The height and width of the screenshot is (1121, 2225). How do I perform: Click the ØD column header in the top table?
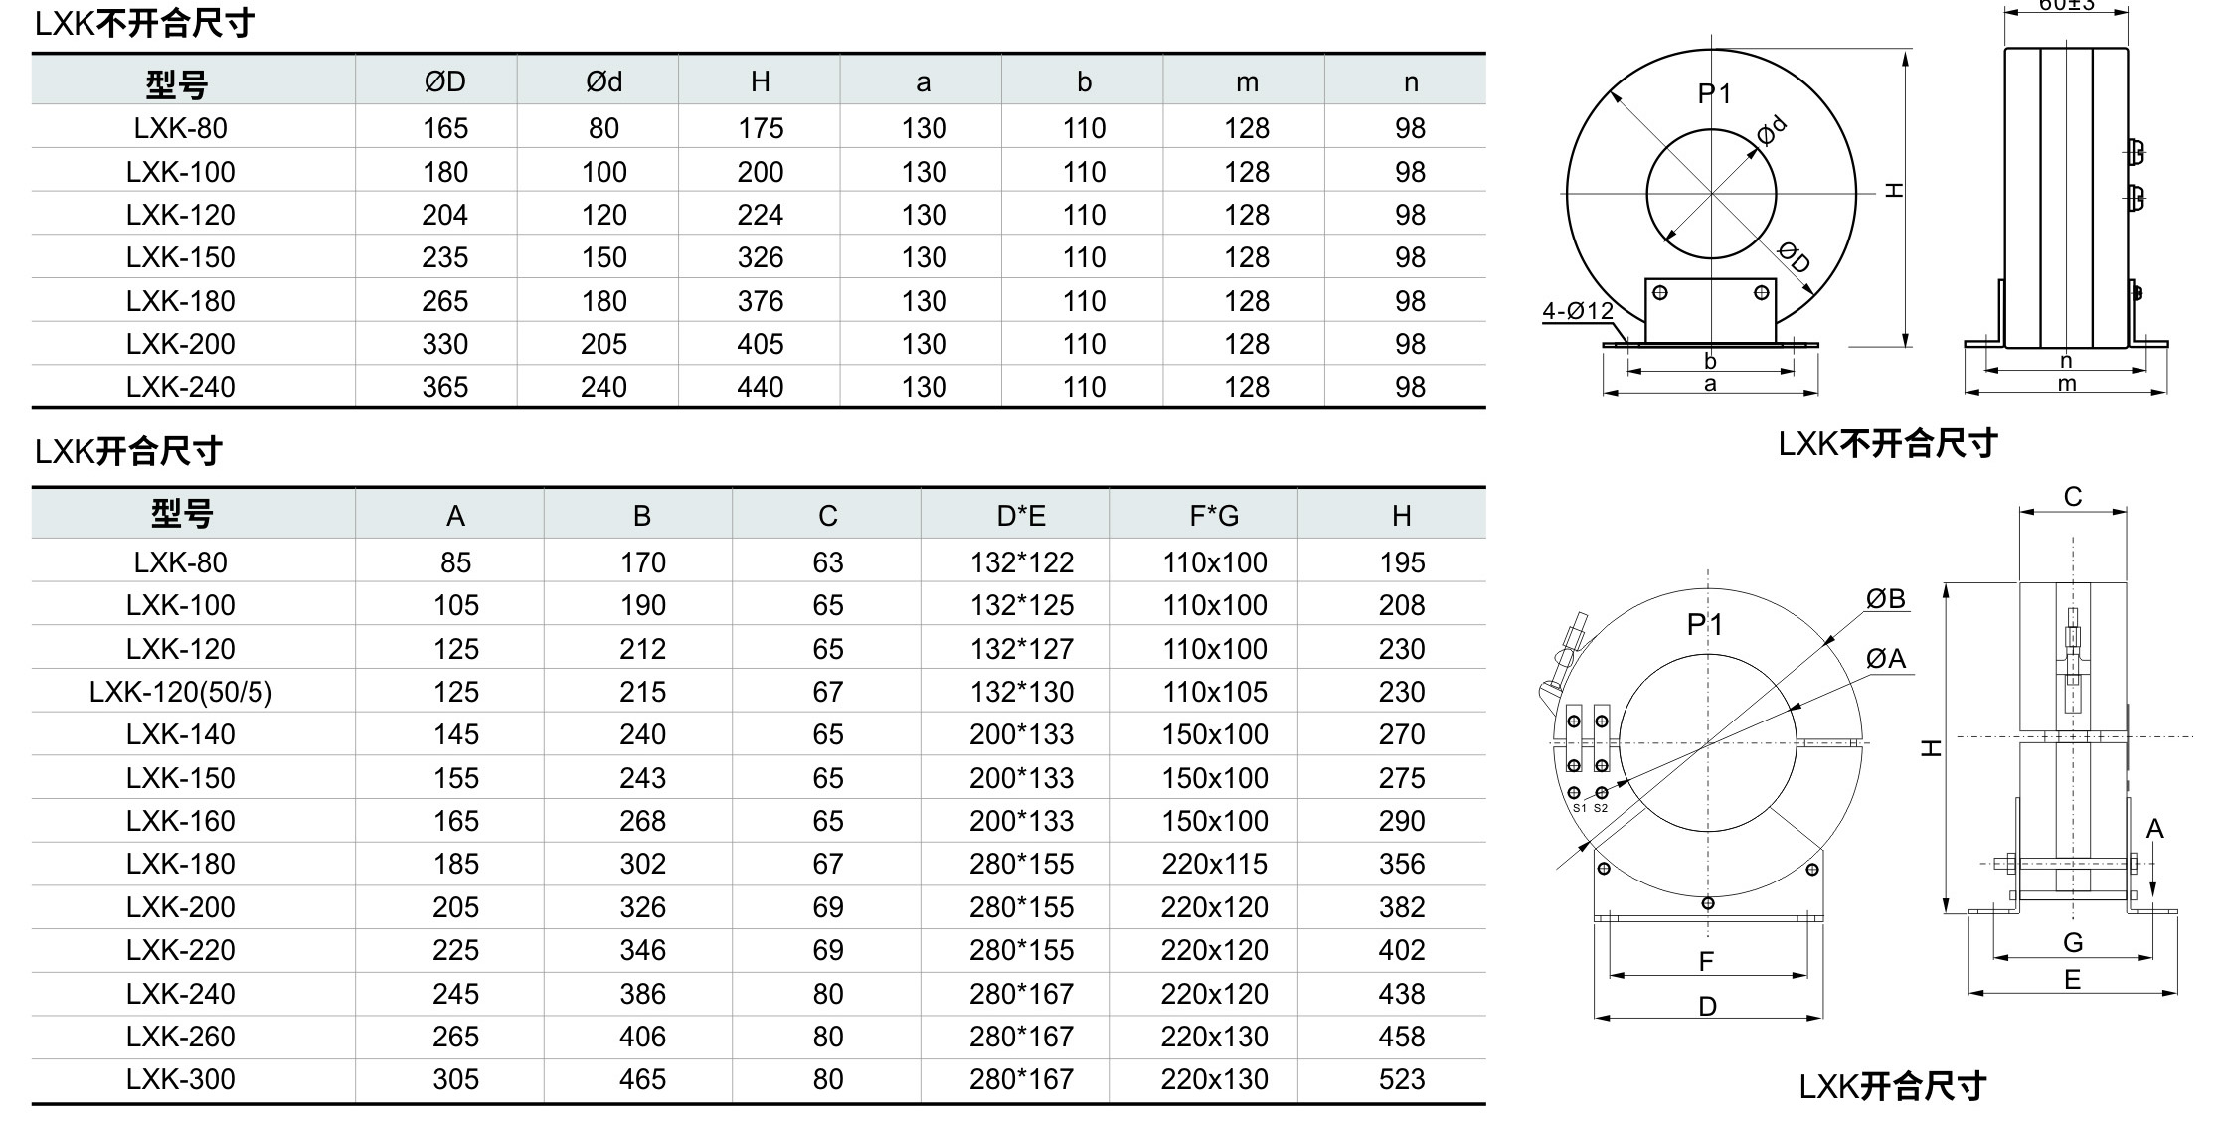(x=444, y=81)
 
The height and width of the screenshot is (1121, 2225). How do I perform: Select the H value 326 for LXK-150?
(x=761, y=257)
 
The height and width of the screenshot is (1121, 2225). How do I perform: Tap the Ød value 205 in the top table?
(x=603, y=344)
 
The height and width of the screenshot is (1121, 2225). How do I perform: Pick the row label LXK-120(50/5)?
(x=181, y=692)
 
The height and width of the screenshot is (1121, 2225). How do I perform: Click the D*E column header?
(x=1021, y=516)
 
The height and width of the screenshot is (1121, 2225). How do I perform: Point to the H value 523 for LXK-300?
(x=1402, y=1079)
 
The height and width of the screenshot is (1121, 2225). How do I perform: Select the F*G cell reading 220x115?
(x=1215, y=864)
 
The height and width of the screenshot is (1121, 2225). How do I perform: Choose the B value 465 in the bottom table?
(x=642, y=1079)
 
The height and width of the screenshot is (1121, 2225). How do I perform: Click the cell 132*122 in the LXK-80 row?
(x=1022, y=562)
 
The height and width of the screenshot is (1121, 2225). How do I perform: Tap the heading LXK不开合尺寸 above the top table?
(x=144, y=23)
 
